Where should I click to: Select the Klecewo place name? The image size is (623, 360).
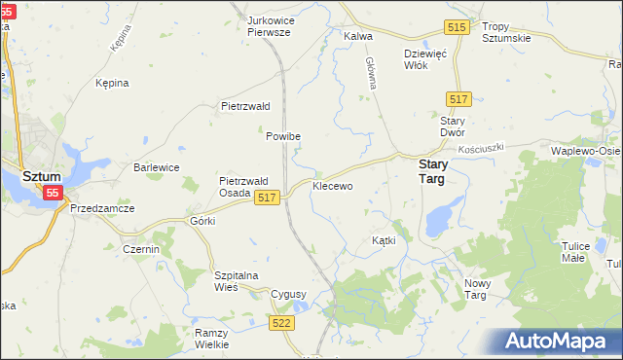[x=332, y=185]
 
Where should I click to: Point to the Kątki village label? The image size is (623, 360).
[x=383, y=239]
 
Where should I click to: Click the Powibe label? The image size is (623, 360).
[x=283, y=137]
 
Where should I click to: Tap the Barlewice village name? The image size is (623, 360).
[x=156, y=167]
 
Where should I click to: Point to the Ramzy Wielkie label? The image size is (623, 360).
[x=211, y=338]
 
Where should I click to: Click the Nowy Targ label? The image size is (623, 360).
[x=483, y=289]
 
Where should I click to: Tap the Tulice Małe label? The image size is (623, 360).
[x=575, y=252]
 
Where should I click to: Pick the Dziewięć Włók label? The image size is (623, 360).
[x=424, y=60]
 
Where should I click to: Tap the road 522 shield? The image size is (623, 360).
[x=282, y=322]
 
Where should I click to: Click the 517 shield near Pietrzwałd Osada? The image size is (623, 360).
[x=268, y=198]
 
